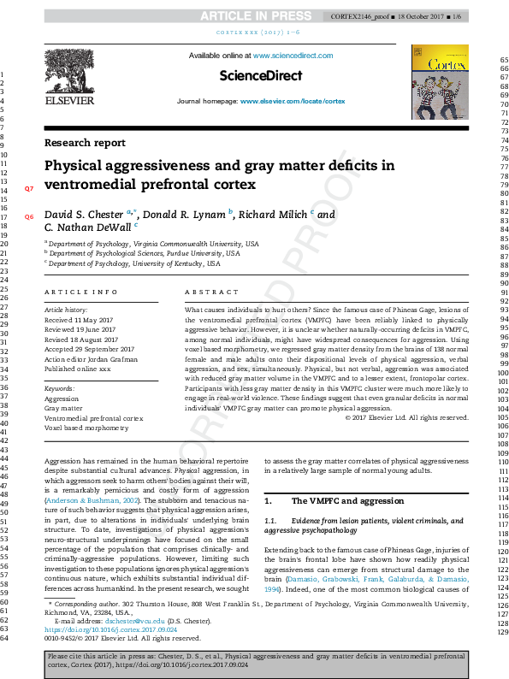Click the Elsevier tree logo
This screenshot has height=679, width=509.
pyautogui.click(x=69, y=74)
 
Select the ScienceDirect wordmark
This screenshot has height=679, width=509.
pyautogui.click(x=261, y=76)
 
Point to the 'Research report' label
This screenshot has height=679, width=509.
pyautogui.click(x=84, y=143)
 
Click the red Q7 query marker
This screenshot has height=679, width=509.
pyautogui.click(x=28, y=187)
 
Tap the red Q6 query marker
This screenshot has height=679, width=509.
pyautogui.click(x=28, y=217)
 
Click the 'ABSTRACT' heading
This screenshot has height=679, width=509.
pyautogui.click(x=208, y=292)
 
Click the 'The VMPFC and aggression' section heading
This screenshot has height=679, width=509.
pyautogui.click(x=346, y=500)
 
